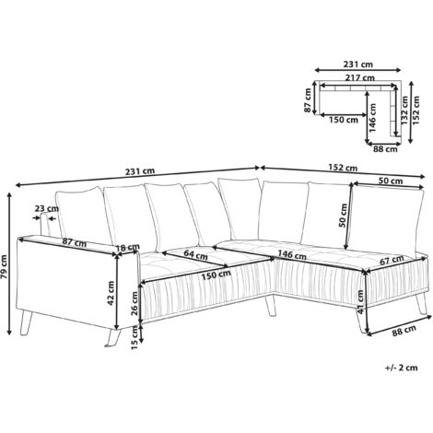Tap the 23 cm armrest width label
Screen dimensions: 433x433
pyautogui.click(x=44, y=208)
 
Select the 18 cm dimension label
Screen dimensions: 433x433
pyautogui.click(x=129, y=248)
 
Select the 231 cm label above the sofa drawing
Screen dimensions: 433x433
pyautogui.click(x=141, y=170)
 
